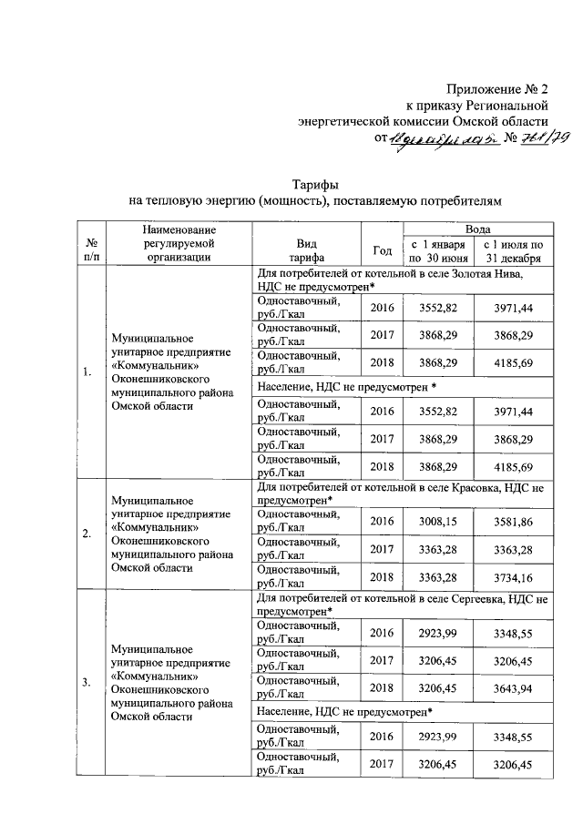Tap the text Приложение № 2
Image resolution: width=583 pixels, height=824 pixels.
click(x=497, y=89)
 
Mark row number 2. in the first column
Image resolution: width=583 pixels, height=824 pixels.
click(x=87, y=534)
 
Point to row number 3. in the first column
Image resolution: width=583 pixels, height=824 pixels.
click(x=87, y=684)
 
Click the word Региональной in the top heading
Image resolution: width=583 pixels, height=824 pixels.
click(x=504, y=106)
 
